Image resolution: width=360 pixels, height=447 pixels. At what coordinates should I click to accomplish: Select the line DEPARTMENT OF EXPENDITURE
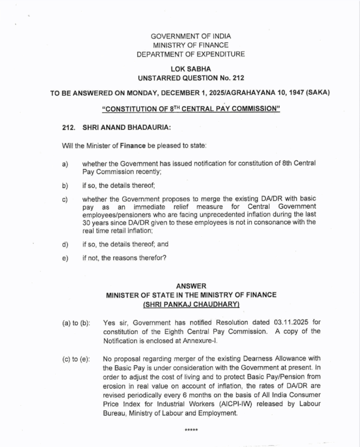[191, 55]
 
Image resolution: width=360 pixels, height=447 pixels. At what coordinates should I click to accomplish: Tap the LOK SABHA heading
[191, 69]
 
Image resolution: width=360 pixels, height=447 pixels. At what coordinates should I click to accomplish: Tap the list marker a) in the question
[65, 165]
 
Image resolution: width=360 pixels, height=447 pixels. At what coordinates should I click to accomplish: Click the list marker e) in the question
[65, 258]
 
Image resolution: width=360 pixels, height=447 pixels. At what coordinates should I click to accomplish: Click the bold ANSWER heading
[191, 286]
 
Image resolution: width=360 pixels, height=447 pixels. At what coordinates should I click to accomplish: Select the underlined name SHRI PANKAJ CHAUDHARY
[191, 304]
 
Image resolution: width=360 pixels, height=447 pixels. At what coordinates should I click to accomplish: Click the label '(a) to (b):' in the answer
[76, 323]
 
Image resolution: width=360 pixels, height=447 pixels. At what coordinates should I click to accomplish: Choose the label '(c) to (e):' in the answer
[76, 359]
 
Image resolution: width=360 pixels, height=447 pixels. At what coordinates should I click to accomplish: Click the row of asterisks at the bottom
[191, 430]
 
